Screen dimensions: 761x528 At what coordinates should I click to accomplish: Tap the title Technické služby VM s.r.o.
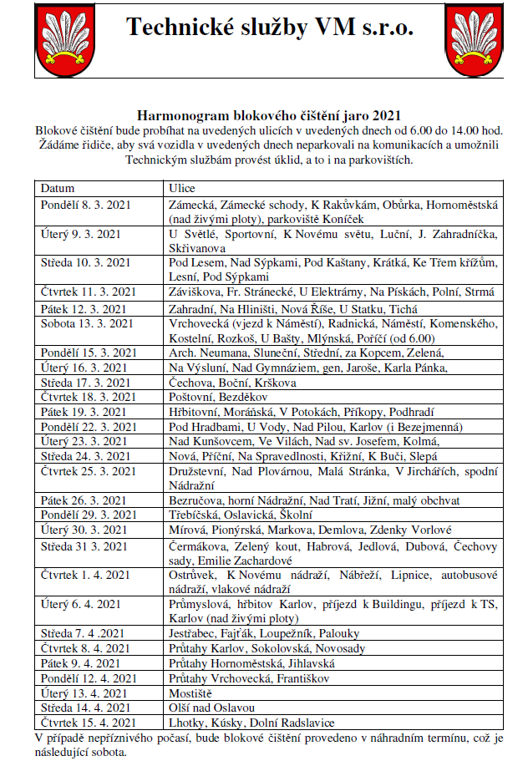tap(270, 28)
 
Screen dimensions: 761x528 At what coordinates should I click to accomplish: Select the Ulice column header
tap(182, 187)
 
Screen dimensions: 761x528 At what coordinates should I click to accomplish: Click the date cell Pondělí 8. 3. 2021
tap(86, 204)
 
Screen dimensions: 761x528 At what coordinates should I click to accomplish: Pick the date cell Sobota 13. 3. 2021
tap(86, 322)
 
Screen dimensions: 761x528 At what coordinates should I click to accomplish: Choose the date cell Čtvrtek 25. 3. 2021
tap(88, 472)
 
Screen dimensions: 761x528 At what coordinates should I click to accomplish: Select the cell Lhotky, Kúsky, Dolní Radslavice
tap(251, 722)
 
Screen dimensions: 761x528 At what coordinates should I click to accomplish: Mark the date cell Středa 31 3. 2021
tap(86, 546)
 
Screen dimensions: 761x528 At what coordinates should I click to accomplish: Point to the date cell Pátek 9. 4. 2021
tap(81, 663)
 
